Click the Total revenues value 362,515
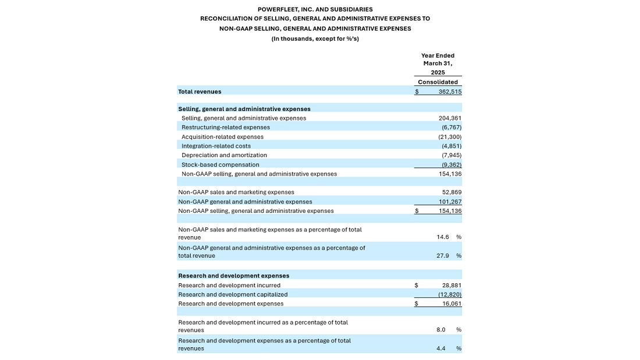450,91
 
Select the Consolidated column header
438,82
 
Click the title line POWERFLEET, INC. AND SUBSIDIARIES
315,9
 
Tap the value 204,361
450,118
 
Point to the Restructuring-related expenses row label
226,127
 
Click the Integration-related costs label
216,146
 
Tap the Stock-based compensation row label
221,165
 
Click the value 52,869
451,192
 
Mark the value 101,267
450,202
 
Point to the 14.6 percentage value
443,237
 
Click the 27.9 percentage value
443,256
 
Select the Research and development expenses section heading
233,276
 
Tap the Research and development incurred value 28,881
451,286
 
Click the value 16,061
451,304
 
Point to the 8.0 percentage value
441,330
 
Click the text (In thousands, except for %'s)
315,39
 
